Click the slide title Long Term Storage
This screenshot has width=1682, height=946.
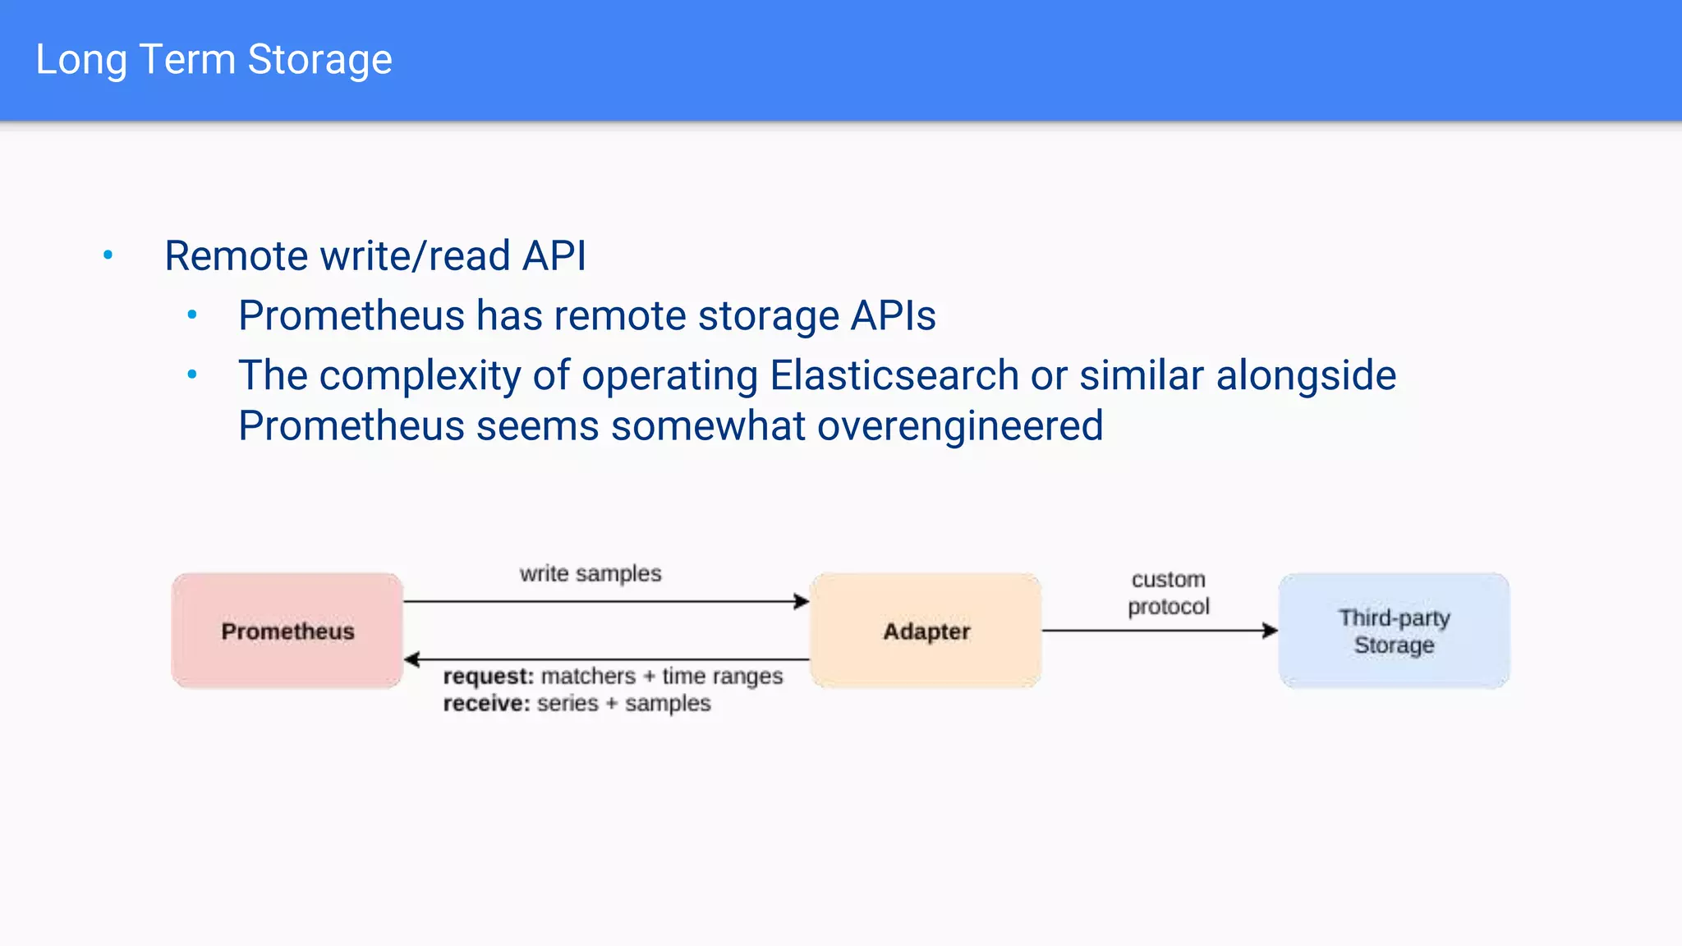pos(214,60)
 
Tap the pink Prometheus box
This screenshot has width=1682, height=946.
pos(287,631)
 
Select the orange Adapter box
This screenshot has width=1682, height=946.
pos(926,631)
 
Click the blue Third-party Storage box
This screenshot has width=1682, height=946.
pos(1394,631)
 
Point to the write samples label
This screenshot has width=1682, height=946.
pos(591,573)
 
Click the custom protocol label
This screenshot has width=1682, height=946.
pos(1168,593)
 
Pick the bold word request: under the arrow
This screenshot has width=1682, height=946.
pos(488,676)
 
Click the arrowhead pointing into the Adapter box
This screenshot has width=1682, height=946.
pos(802,602)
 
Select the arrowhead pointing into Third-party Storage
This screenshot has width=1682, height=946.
pos(1270,631)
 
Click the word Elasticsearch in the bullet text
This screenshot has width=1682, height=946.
pos(894,375)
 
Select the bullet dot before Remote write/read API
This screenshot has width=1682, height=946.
pos(108,255)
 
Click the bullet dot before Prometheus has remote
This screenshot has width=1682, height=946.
pos(192,315)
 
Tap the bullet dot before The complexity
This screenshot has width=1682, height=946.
pos(192,374)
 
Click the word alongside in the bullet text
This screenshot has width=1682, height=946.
pos(1306,375)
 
